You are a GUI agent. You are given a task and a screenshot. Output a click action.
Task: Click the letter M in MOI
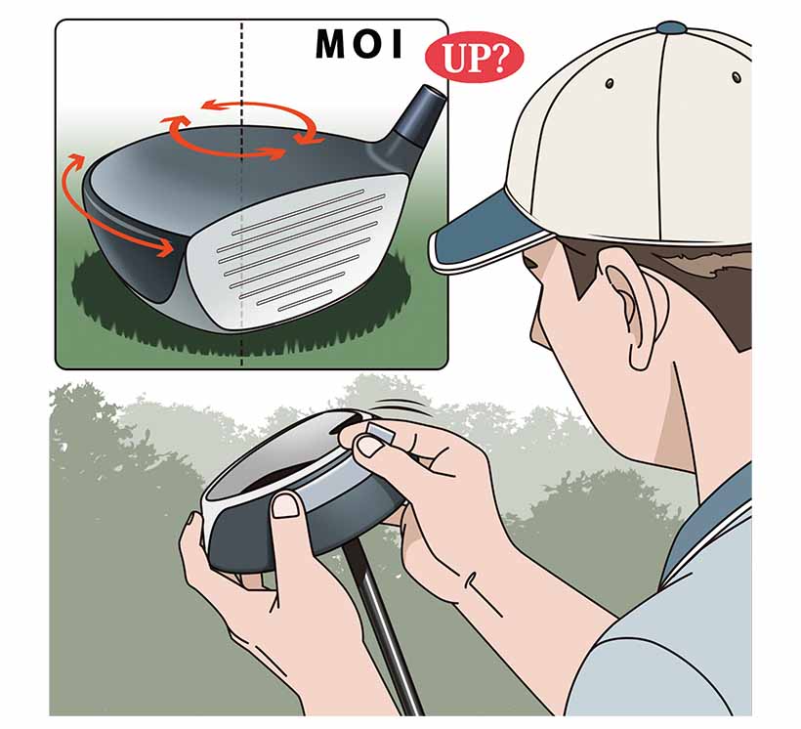click(332, 44)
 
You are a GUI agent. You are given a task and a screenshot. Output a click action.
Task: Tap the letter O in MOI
click(367, 44)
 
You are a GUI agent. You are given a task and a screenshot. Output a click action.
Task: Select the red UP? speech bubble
click(474, 58)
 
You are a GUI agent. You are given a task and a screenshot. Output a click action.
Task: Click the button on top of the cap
click(671, 27)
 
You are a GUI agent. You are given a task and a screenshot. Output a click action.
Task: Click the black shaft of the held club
click(381, 626)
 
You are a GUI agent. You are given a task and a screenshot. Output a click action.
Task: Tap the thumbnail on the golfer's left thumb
click(285, 506)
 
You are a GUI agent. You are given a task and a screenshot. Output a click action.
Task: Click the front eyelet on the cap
click(609, 83)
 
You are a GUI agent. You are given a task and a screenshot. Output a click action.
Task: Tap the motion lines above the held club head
click(403, 407)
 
